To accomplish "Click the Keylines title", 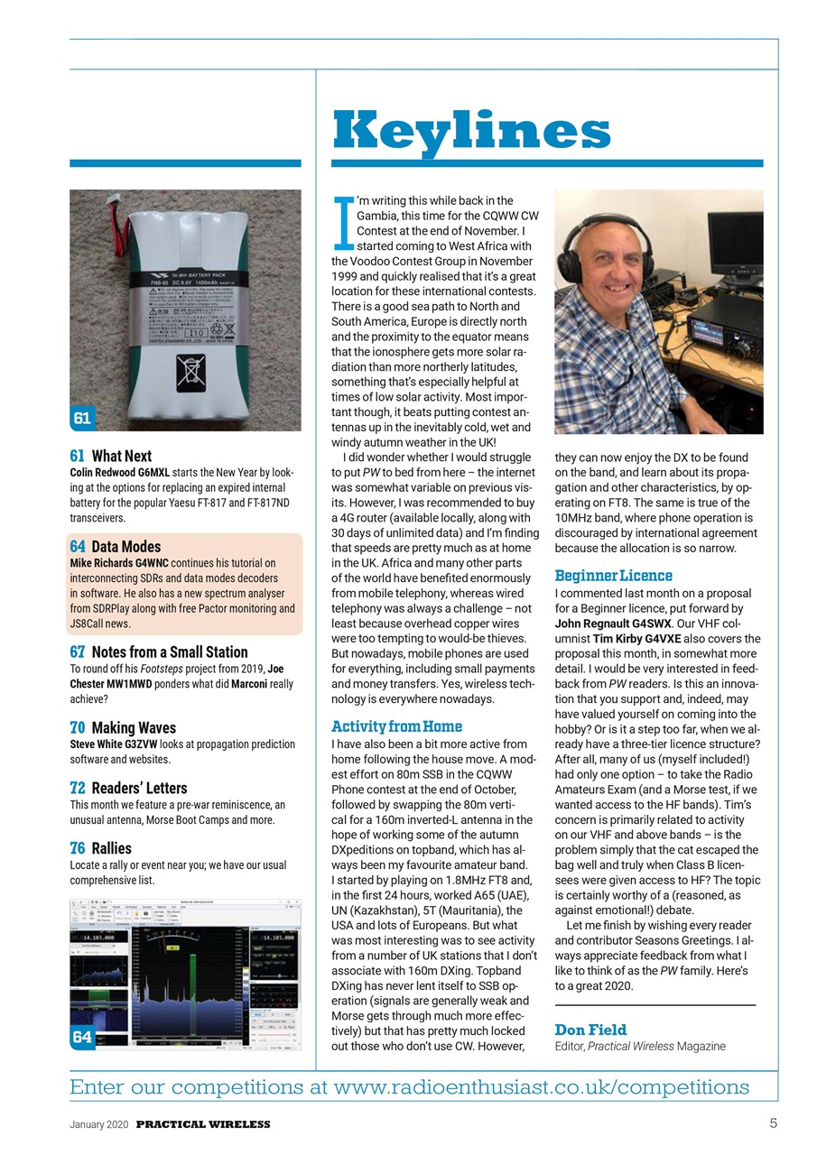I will coord(471,131).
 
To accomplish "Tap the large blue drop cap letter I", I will coord(343,221).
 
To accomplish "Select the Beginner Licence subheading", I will coord(613,575).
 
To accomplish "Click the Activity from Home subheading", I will coord(396,725).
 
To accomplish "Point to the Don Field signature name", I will coord(590,1030).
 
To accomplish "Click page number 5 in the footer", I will coord(773,1123).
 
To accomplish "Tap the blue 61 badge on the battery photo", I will coord(82,417).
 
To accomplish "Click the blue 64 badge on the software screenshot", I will coord(82,1037).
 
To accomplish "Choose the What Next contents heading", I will coord(110,456).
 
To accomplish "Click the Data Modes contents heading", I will coord(115,546).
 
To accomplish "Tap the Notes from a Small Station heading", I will coord(158,651).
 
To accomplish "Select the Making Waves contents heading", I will coord(123,727).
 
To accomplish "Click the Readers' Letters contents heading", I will coord(128,788).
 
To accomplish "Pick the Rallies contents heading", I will coord(100,848).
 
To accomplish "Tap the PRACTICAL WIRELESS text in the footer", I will coord(203,1124).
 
